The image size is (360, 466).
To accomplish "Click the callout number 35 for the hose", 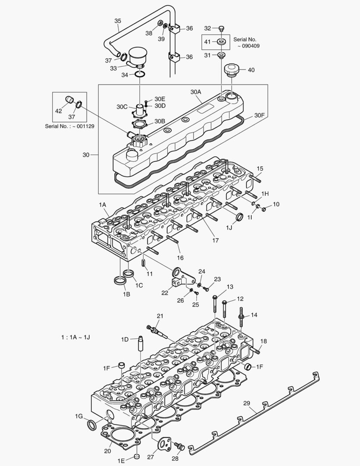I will click(x=118, y=21).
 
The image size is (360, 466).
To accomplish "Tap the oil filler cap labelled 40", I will click(x=232, y=70).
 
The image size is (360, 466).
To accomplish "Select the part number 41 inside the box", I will click(x=207, y=42).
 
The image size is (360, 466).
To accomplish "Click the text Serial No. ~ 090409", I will click(x=247, y=42).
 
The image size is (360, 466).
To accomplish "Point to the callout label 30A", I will click(x=196, y=92).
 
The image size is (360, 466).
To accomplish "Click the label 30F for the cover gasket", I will click(x=259, y=115).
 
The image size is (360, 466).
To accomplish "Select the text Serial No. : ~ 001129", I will click(x=69, y=126).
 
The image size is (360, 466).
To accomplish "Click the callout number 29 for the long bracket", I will click(x=247, y=403).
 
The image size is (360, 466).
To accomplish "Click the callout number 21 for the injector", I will click(x=160, y=317).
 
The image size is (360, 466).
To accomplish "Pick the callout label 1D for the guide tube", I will click(x=125, y=339).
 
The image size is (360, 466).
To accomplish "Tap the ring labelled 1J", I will click(x=239, y=216).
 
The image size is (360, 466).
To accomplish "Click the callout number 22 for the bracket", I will click(x=165, y=293).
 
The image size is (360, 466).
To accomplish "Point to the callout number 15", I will click(x=260, y=168).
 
